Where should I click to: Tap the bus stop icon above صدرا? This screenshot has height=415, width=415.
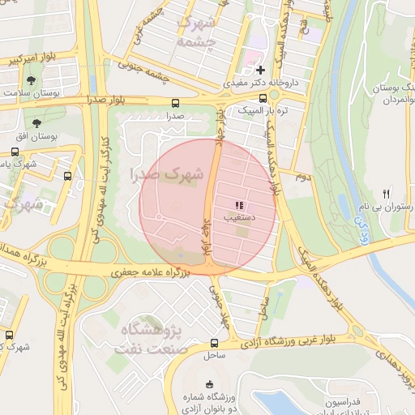tap(176, 103)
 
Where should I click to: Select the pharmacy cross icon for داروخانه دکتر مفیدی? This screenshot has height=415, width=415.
tap(260, 71)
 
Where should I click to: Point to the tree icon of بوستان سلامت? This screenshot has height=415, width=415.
tap(31, 81)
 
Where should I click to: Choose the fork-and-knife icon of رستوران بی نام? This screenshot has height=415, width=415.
tap(386, 194)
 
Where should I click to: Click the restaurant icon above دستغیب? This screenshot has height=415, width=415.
tap(240, 205)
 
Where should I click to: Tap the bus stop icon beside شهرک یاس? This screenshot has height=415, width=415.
tap(67, 175)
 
